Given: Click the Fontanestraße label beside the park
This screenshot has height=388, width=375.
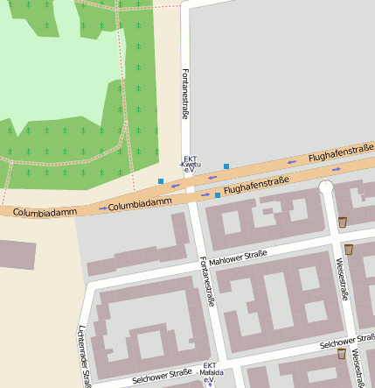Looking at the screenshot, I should click(184, 93).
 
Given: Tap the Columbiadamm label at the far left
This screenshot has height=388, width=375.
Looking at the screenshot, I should click(40, 212).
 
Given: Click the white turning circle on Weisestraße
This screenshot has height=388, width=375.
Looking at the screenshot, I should click(326, 187).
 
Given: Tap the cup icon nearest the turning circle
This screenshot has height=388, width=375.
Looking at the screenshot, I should click(343, 222).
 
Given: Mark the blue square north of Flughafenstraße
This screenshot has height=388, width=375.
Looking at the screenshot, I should click(226, 166).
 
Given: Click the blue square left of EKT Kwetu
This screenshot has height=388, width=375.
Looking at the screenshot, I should click(161, 181).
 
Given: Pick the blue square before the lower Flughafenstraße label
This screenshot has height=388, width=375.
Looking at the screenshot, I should click(218, 195).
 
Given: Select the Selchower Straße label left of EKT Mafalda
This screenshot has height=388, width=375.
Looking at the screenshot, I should click(162, 377).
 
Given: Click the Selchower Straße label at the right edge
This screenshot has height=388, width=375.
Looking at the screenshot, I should click(347, 341).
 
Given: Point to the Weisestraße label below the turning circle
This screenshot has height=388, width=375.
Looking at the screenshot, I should click(343, 279).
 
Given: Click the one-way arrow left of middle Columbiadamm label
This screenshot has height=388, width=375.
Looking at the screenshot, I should click(103, 208).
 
